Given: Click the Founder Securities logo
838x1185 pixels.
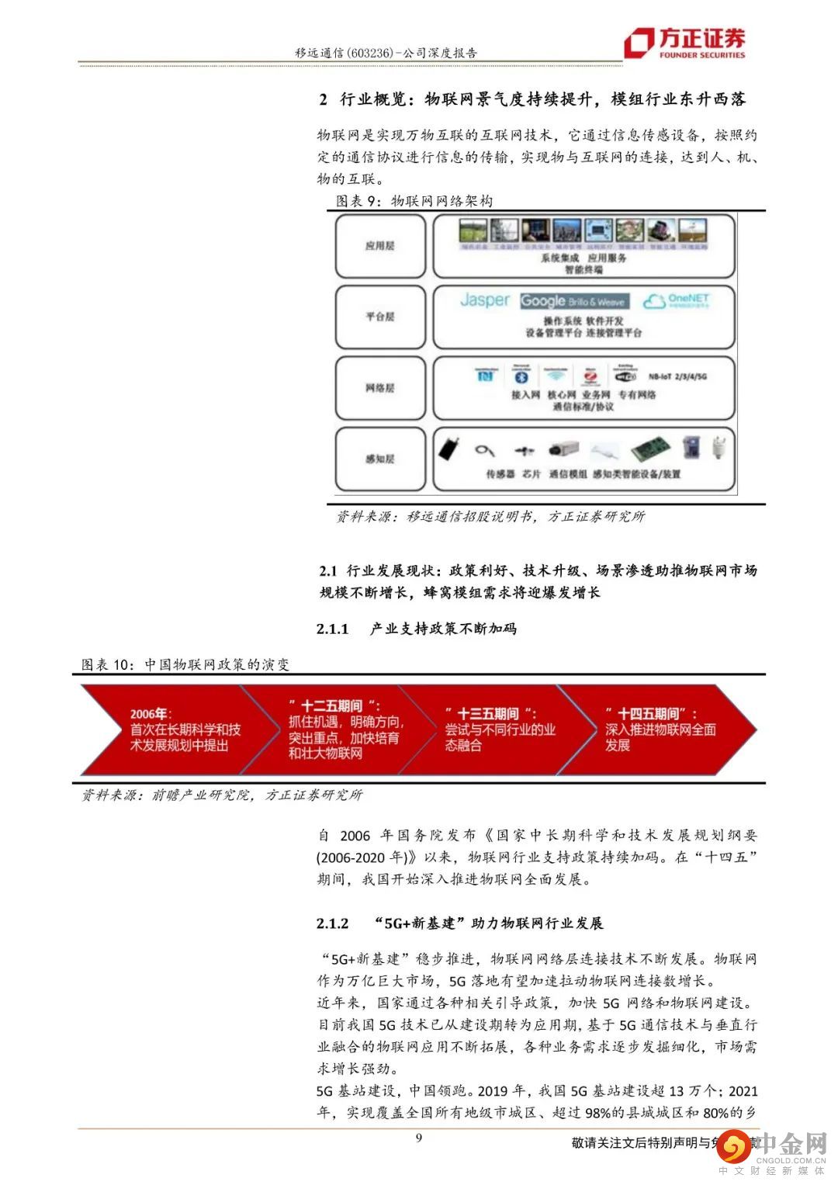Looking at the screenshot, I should (x=684, y=43).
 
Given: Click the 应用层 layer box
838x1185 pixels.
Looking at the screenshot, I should (x=380, y=246).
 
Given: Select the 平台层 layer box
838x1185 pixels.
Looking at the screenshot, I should (x=380, y=317).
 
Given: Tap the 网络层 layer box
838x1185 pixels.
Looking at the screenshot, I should (x=380, y=388).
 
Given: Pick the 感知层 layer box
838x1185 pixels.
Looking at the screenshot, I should (x=380, y=459).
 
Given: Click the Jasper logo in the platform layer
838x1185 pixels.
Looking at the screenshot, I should (x=485, y=300).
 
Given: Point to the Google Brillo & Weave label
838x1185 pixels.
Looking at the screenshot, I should (x=573, y=301).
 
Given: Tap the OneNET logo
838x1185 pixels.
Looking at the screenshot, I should (x=677, y=300).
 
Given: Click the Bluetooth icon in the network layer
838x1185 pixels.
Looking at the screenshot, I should (x=522, y=376).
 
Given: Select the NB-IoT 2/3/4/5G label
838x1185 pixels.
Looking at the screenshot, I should (x=677, y=377).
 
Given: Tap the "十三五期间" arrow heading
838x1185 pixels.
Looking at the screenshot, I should (x=491, y=714).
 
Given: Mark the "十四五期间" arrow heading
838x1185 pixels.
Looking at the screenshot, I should (x=652, y=714).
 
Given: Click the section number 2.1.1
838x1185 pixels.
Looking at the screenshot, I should (x=333, y=629).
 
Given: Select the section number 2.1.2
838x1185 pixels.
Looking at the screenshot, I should (x=333, y=923).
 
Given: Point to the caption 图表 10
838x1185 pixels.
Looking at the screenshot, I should (x=108, y=664).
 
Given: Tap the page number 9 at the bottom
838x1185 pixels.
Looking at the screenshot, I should (x=419, y=1138).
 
